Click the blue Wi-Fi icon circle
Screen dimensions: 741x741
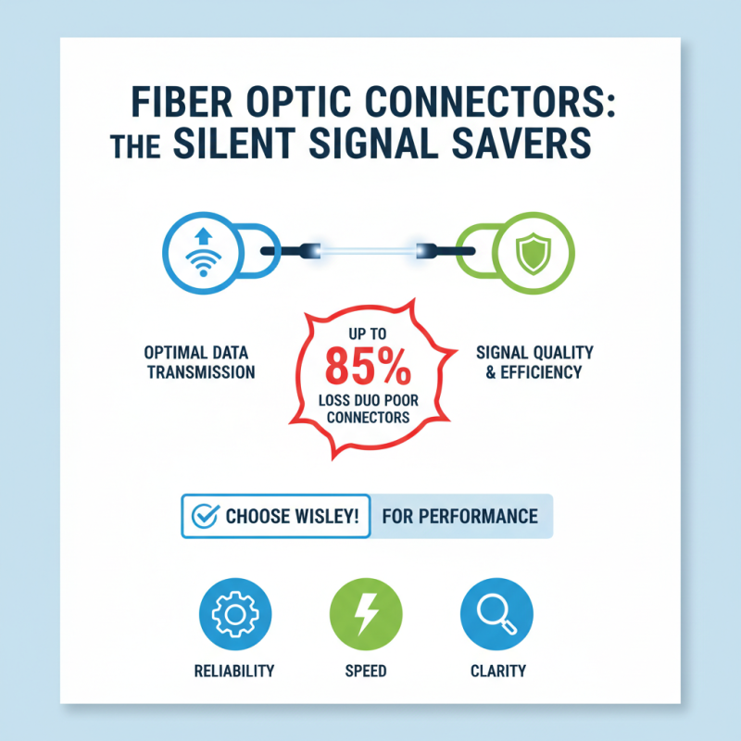pyautogui.click(x=200, y=250)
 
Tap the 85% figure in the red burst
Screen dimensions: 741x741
pyautogui.click(x=369, y=369)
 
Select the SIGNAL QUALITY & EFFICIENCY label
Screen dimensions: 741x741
pyautogui.click(x=534, y=362)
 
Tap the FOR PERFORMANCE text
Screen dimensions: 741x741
pyautogui.click(x=459, y=516)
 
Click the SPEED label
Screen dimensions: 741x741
pyautogui.click(x=368, y=671)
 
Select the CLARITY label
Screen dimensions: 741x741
pyautogui.click(x=497, y=671)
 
